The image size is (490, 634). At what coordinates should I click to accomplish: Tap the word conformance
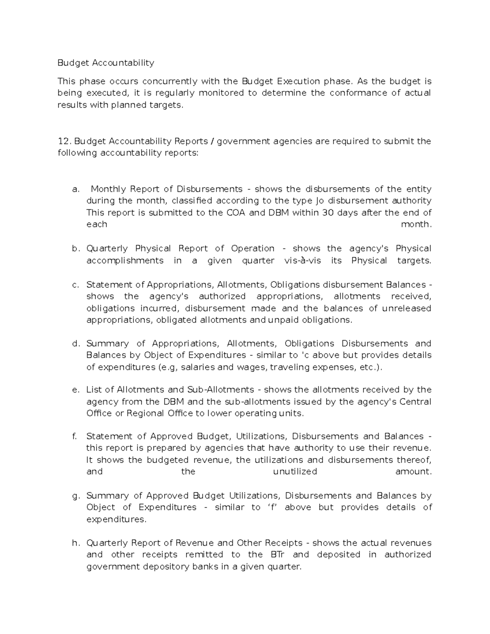click(359, 93)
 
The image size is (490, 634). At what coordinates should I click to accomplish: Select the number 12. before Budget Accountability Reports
click(65, 141)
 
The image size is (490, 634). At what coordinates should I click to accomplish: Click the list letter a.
click(75, 189)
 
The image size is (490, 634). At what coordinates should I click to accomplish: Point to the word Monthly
click(108, 189)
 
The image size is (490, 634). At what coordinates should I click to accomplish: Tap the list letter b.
click(75, 249)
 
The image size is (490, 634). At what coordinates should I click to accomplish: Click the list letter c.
click(75, 285)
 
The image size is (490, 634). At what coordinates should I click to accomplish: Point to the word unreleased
click(406, 308)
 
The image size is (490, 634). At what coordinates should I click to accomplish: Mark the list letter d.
click(75, 344)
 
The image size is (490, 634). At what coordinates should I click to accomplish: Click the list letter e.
click(75, 390)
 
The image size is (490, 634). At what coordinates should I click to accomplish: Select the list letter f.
click(74, 436)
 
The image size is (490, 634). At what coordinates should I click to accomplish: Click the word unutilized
click(295, 472)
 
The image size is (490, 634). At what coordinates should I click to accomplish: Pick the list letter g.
click(75, 496)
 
